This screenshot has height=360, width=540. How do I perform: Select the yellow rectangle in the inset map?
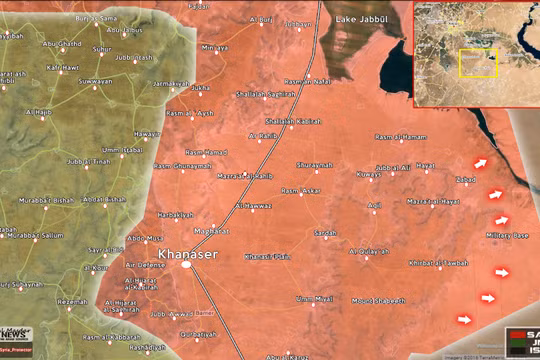(478, 62)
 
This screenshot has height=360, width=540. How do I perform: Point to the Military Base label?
(506, 235)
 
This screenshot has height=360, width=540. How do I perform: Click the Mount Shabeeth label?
(378, 300)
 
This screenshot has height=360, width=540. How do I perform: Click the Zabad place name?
(466, 180)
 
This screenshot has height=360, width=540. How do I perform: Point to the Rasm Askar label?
(300, 189)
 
